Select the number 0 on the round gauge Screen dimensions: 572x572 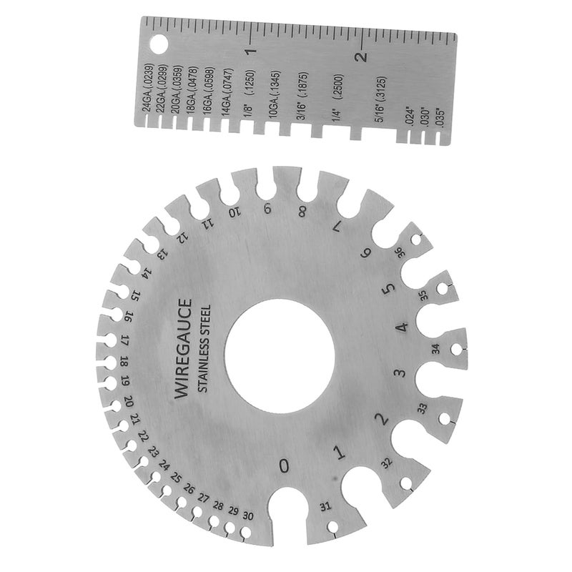(x=285, y=465)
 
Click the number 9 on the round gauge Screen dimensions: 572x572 (x=267, y=209)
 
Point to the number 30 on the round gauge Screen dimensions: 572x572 (x=247, y=515)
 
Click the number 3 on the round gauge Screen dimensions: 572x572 (x=400, y=373)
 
